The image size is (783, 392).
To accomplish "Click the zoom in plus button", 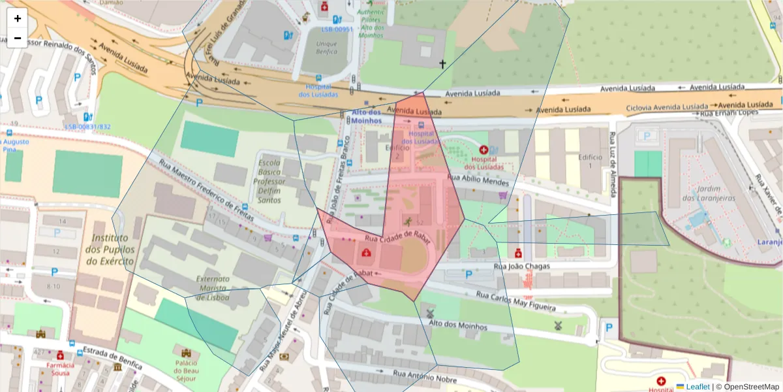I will (x=18, y=18).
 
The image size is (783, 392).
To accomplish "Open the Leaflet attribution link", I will (x=697, y=386).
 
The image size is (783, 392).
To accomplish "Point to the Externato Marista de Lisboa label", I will (x=213, y=287).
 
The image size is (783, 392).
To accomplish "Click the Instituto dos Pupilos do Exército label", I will (x=113, y=250).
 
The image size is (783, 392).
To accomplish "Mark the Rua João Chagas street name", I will (x=521, y=266).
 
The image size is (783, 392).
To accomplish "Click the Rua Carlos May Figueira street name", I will (x=515, y=301).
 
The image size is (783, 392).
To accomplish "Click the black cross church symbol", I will (x=442, y=64).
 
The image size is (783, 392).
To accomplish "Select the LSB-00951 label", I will (x=337, y=29).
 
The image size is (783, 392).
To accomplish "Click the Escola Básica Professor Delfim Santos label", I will (x=269, y=181).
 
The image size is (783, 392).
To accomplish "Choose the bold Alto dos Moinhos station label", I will (x=365, y=116).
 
